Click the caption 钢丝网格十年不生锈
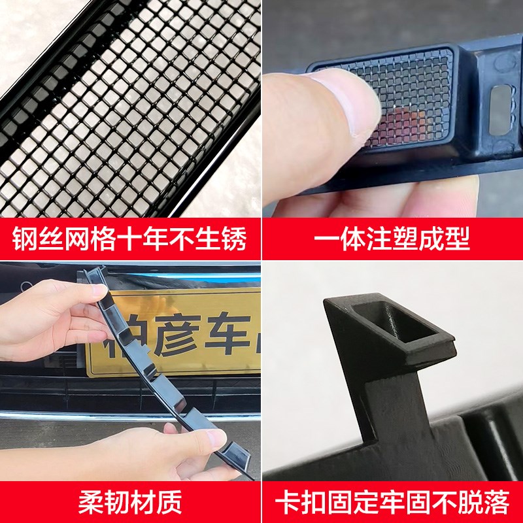(x=130, y=239)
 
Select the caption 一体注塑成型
(x=392, y=239)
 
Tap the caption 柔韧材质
(x=130, y=502)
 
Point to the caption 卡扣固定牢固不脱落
(x=392, y=502)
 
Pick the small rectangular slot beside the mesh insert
(x=500, y=108)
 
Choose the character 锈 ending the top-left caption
(x=234, y=239)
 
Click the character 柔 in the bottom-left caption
(x=92, y=502)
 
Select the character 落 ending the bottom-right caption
(x=496, y=502)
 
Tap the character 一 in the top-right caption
(x=327, y=239)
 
